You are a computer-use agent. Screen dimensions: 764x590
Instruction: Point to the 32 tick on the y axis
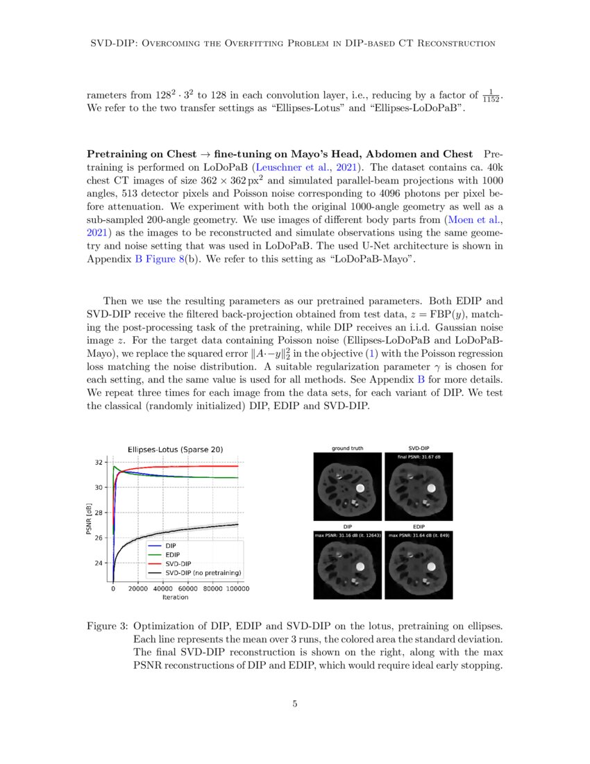(100, 463)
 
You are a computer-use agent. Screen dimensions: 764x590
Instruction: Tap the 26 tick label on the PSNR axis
(100, 538)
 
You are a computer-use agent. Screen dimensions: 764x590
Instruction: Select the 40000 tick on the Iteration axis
(163, 589)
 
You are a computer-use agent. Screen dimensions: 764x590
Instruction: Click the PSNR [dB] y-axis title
(87, 523)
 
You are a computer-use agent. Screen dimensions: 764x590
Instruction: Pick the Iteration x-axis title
(175, 597)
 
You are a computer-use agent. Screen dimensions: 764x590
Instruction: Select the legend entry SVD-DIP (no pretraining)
(201, 573)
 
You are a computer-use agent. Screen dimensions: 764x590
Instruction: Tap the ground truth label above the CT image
(347, 449)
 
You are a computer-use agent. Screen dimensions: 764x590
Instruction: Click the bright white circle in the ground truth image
(362, 488)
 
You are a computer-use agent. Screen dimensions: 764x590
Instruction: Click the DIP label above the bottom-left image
(347, 527)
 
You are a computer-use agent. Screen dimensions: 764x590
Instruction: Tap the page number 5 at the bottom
(295, 704)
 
